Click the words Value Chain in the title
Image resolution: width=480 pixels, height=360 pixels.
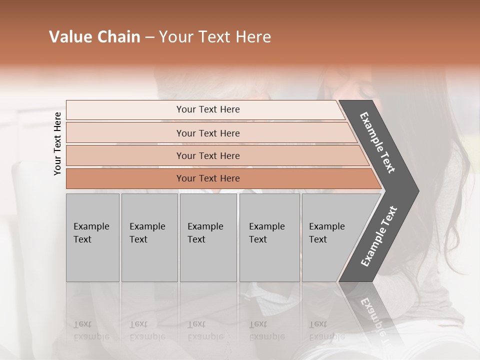[x=94, y=37]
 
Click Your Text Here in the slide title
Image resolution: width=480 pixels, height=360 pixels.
[x=215, y=37]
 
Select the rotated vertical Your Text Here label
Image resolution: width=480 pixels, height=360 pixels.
[x=57, y=143]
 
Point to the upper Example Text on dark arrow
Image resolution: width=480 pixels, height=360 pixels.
[x=377, y=142]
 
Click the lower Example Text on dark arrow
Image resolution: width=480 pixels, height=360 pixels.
[x=378, y=236]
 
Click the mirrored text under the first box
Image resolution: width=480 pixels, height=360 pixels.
[x=91, y=330]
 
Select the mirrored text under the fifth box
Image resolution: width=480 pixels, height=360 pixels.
[x=326, y=330]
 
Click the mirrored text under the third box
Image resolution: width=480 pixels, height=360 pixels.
[x=205, y=330]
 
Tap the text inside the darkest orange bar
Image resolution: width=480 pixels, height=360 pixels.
[x=208, y=178]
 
